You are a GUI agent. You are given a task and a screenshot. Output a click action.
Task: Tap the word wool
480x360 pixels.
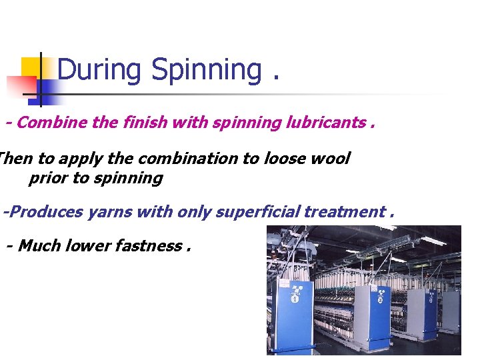point(331,159)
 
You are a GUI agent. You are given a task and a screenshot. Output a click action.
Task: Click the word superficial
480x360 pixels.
point(261,212)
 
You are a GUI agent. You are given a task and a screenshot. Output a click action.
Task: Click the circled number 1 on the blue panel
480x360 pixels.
point(295,299)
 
